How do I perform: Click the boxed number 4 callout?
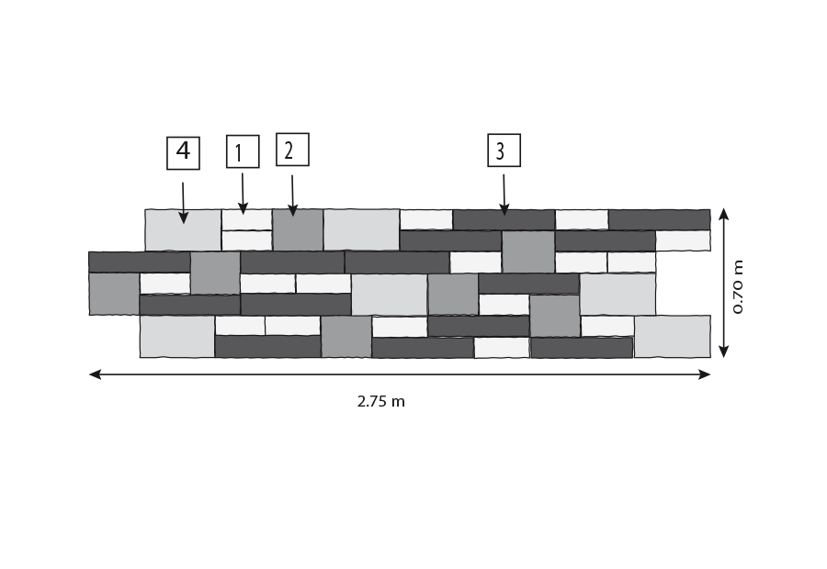pyautogui.click(x=183, y=152)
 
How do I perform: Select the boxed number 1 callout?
pyautogui.click(x=243, y=151)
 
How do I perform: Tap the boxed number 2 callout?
pyautogui.click(x=292, y=150)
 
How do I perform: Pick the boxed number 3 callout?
pyautogui.click(x=504, y=151)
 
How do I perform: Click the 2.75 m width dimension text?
pyautogui.click(x=380, y=401)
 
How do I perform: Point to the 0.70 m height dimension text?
pyautogui.click(x=738, y=286)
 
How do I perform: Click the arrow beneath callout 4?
pyautogui.click(x=183, y=203)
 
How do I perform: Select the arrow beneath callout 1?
pyautogui.click(x=243, y=194)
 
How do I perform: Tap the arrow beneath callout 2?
pyautogui.click(x=293, y=195)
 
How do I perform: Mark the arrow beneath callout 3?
pyautogui.click(x=504, y=195)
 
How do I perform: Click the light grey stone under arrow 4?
pyautogui.click(x=183, y=230)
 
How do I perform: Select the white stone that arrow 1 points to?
pyautogui.click(x=247, y=219)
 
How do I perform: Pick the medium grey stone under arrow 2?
pyautogui.click(x=298, y=229)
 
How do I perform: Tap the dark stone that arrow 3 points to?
pyautogui.click(x=504, y=219)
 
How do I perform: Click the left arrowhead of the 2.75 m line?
pyautogui.click(x=95, y=374)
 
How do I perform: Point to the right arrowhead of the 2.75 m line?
pyautogui.click(x=704, y=374)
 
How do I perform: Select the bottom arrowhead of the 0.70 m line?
pyautogui.click(x=724, y=351)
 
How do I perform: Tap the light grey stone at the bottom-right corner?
pyautogui.click(x=673, y=337)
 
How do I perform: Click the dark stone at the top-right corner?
pyautogui.click(x=659, y=219)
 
